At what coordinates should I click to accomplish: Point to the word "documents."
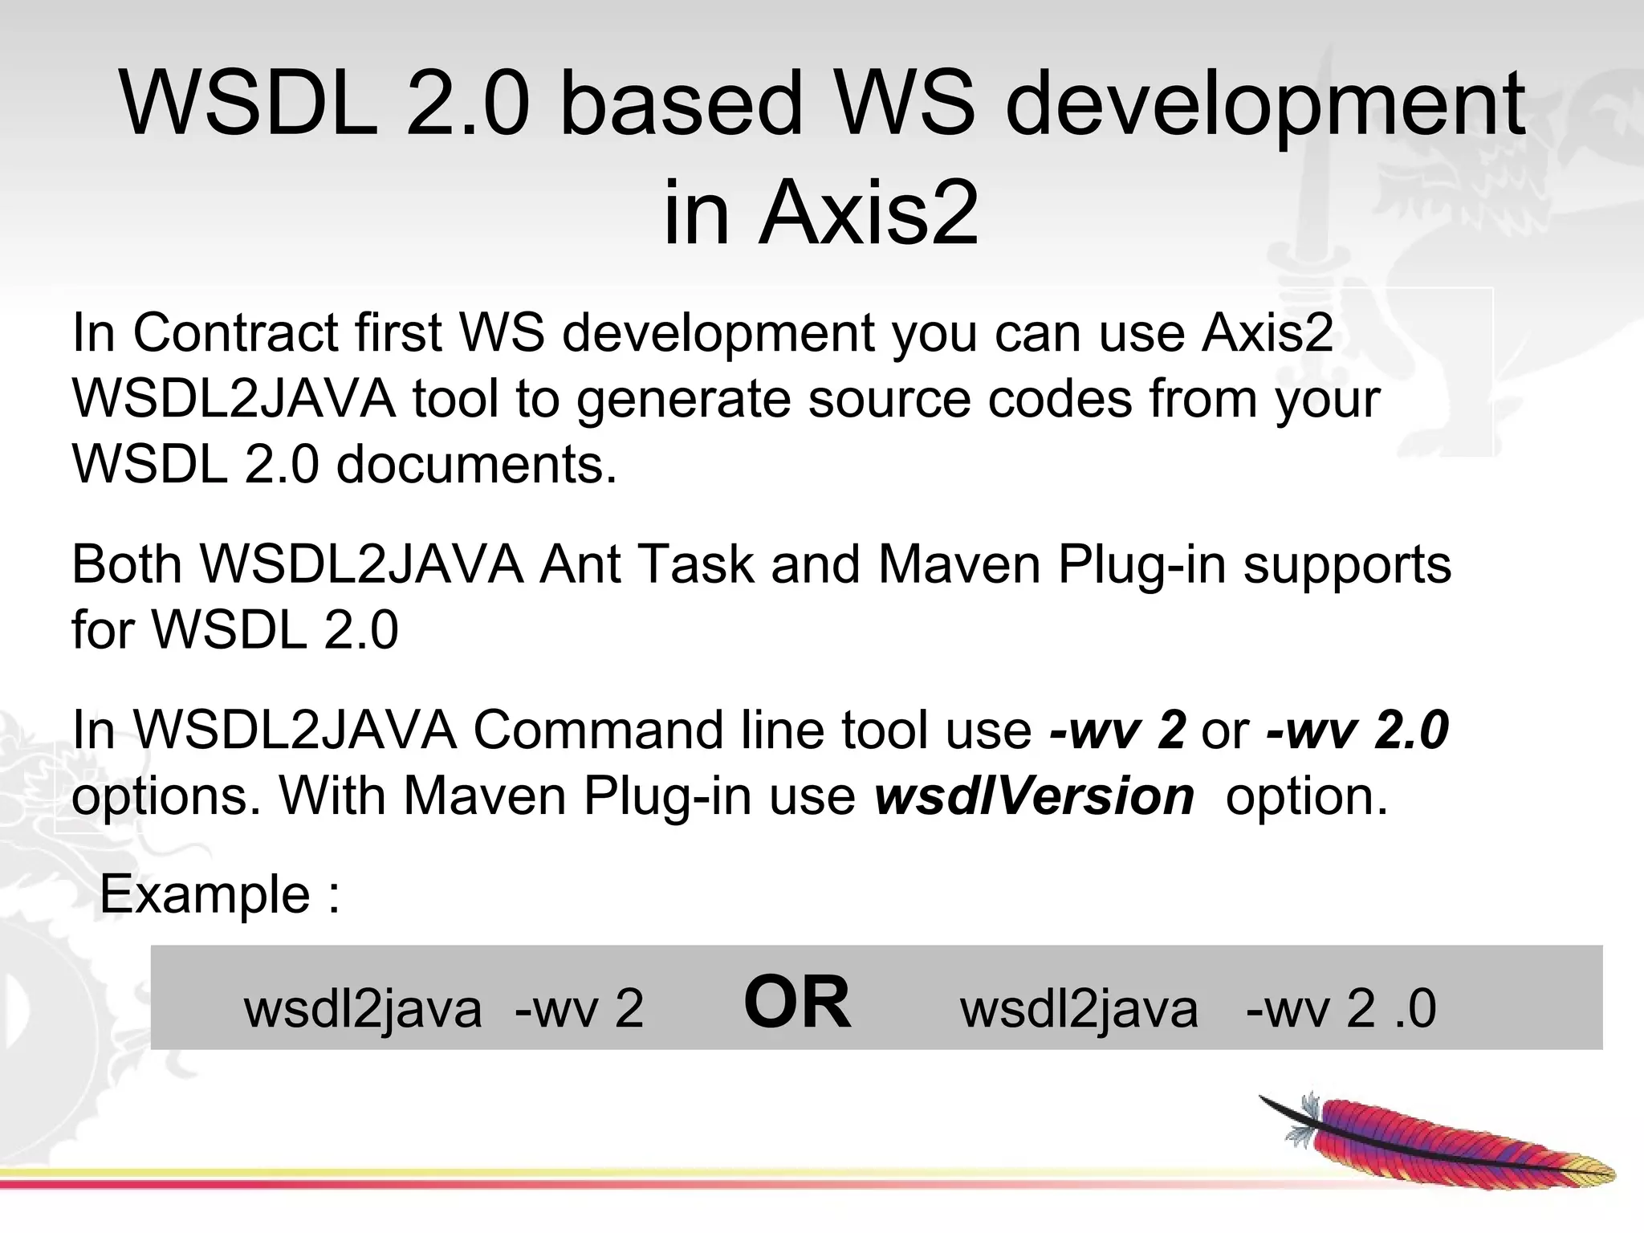tap(477, 465)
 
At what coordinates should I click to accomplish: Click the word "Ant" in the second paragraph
tap(580, 564)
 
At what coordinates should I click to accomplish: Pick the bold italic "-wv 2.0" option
tap(1357, 730)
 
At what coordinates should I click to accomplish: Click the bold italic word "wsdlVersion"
tap(1034, 796)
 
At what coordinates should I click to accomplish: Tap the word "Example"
tap(205, 894)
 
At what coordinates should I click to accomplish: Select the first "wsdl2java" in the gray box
tap(363, 1008)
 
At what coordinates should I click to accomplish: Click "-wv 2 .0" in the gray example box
tap(1341, 1008)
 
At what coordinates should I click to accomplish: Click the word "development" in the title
tap(1264, 104)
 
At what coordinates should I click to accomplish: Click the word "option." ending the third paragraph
tap(1307, 796)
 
